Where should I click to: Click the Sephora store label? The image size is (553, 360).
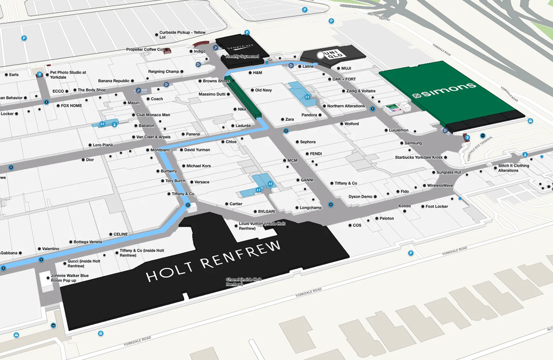point(308,142)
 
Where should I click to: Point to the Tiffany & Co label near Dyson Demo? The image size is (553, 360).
point(346,183)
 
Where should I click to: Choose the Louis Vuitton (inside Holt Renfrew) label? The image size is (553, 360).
point(261,226)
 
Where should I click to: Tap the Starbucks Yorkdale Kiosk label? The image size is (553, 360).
point(419,157)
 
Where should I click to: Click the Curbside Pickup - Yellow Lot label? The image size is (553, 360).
point(182,35)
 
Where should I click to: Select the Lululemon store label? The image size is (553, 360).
point(399,130)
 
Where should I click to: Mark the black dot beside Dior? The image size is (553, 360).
point(83,160)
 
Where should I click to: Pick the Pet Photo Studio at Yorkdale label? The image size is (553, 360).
point(68,75)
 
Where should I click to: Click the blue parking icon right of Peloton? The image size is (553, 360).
point(411,253)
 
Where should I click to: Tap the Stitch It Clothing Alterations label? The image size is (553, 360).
point(513,168)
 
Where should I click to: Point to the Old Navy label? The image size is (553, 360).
point(263,90)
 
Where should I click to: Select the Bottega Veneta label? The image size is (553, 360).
point(88,242)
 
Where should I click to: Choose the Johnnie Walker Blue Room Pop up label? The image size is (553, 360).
point(69,278)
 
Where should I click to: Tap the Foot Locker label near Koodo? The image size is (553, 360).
point(437,207)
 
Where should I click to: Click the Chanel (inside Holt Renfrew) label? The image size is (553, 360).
point(243,282)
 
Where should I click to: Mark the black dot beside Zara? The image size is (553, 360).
point(282,119)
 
